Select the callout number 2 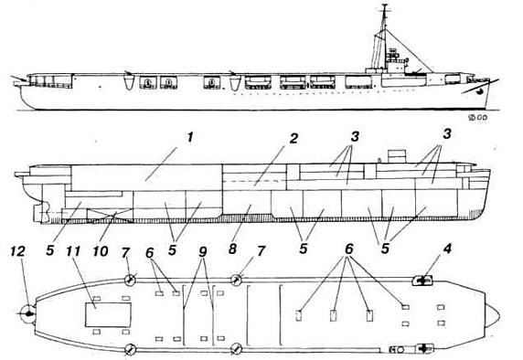(x=294, y=139)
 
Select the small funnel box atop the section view (x=397, y=154)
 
